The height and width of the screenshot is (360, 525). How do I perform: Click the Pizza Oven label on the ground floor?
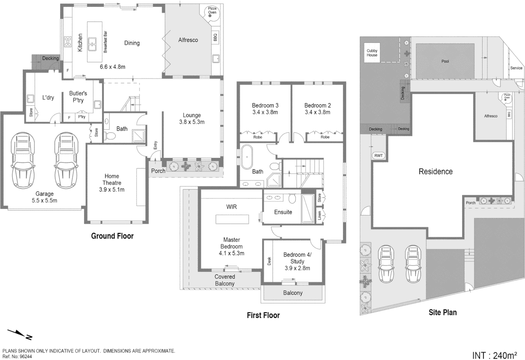(x=212, y=10)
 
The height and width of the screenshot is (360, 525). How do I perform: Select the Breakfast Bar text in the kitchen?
(x=105, y=42)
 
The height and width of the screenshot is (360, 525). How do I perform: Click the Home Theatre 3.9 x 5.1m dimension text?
(x=112, y=190)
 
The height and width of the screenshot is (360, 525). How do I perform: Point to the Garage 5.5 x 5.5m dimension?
(x=44, y=201)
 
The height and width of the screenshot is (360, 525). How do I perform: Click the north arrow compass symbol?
(x=20, y=334)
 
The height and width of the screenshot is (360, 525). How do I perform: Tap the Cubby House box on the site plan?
(x=372, y=53)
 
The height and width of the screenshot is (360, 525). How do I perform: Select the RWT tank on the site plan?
(x=379, y=156)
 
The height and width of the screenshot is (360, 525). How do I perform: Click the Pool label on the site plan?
(x=445, y=61)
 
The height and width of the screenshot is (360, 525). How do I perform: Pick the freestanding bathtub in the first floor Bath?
(x=247, y=157)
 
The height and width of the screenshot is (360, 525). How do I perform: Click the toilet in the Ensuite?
(x=292, y=199)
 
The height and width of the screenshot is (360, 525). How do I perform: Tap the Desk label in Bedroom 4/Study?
(x=269, y=261)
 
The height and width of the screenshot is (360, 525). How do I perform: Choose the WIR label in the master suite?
(x=232, y=207)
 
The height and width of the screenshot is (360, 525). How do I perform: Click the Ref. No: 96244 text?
(x=17, y=356)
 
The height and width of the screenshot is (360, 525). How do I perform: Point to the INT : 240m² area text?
(x=495, y=355)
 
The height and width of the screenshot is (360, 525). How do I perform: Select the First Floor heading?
(x=263, y=315)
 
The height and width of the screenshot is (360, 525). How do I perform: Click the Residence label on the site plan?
(x=436, y=172)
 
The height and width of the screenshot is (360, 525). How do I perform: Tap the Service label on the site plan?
(x=516, y=68)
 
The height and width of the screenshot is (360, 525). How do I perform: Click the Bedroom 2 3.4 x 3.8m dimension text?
(x=317, y=112)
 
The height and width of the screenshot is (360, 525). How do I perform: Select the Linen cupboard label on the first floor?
(x=319, y=215)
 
